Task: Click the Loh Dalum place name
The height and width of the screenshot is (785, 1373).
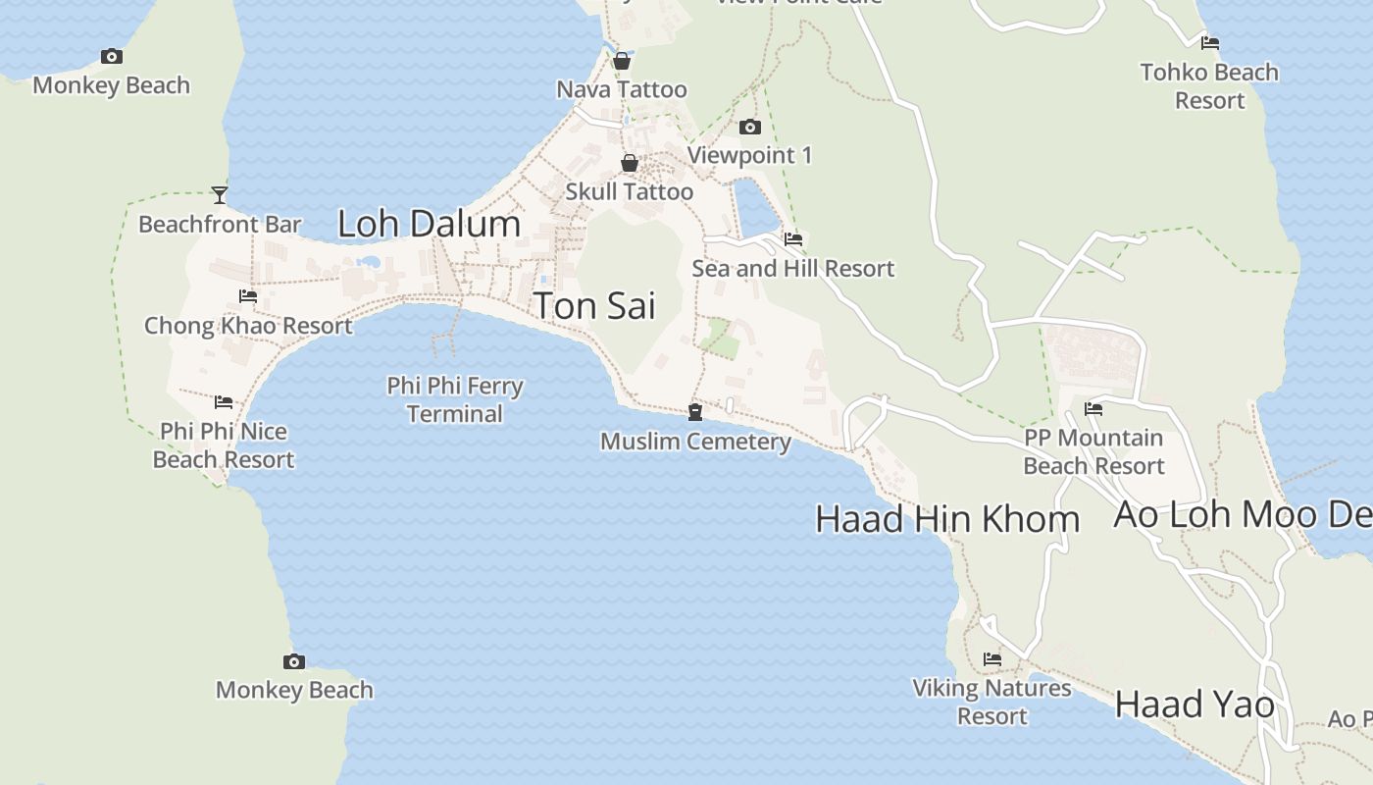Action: click(x=429, y=224)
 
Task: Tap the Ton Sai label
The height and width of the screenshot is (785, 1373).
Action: click(x=594, y=306)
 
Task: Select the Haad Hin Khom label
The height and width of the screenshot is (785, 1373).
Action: click(x=947, y=519)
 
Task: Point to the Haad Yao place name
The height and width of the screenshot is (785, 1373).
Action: click(x=1195, y=705)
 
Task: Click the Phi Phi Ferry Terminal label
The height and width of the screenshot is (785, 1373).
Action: click(x=455, y=399)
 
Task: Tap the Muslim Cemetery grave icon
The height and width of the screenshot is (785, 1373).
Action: click(x=695, y=412)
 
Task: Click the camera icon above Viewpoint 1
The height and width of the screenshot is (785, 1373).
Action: click(x=750, y=127)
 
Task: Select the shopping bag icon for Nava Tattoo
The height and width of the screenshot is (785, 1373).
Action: click(x=622, y=61)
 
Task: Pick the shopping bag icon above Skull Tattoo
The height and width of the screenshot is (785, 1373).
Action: click(x=630, y=163)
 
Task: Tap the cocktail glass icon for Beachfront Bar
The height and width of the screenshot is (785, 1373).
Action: click(x=220, y=195)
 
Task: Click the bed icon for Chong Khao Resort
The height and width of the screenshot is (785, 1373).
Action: click(x=248, y=296)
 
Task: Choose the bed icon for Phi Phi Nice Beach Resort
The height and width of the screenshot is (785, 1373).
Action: click(x=224, y=402)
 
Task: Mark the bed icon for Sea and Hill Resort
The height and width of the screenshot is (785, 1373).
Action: click(x=793, y=239)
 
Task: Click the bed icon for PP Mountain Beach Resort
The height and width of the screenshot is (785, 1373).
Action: click(x=1093, y=409)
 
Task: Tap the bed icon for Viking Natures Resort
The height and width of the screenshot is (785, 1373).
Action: click(x=992, y=659)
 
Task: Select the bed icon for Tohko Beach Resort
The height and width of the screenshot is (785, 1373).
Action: click(x=1210, y=43)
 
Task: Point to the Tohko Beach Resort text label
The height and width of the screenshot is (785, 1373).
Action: click(x=1209, y=86)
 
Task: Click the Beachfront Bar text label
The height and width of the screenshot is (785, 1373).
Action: click(x=220, y=225)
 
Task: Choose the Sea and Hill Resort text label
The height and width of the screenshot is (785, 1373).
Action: click(x=793, y=269)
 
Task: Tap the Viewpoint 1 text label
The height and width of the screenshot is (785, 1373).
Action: click(x=750, y=155)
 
